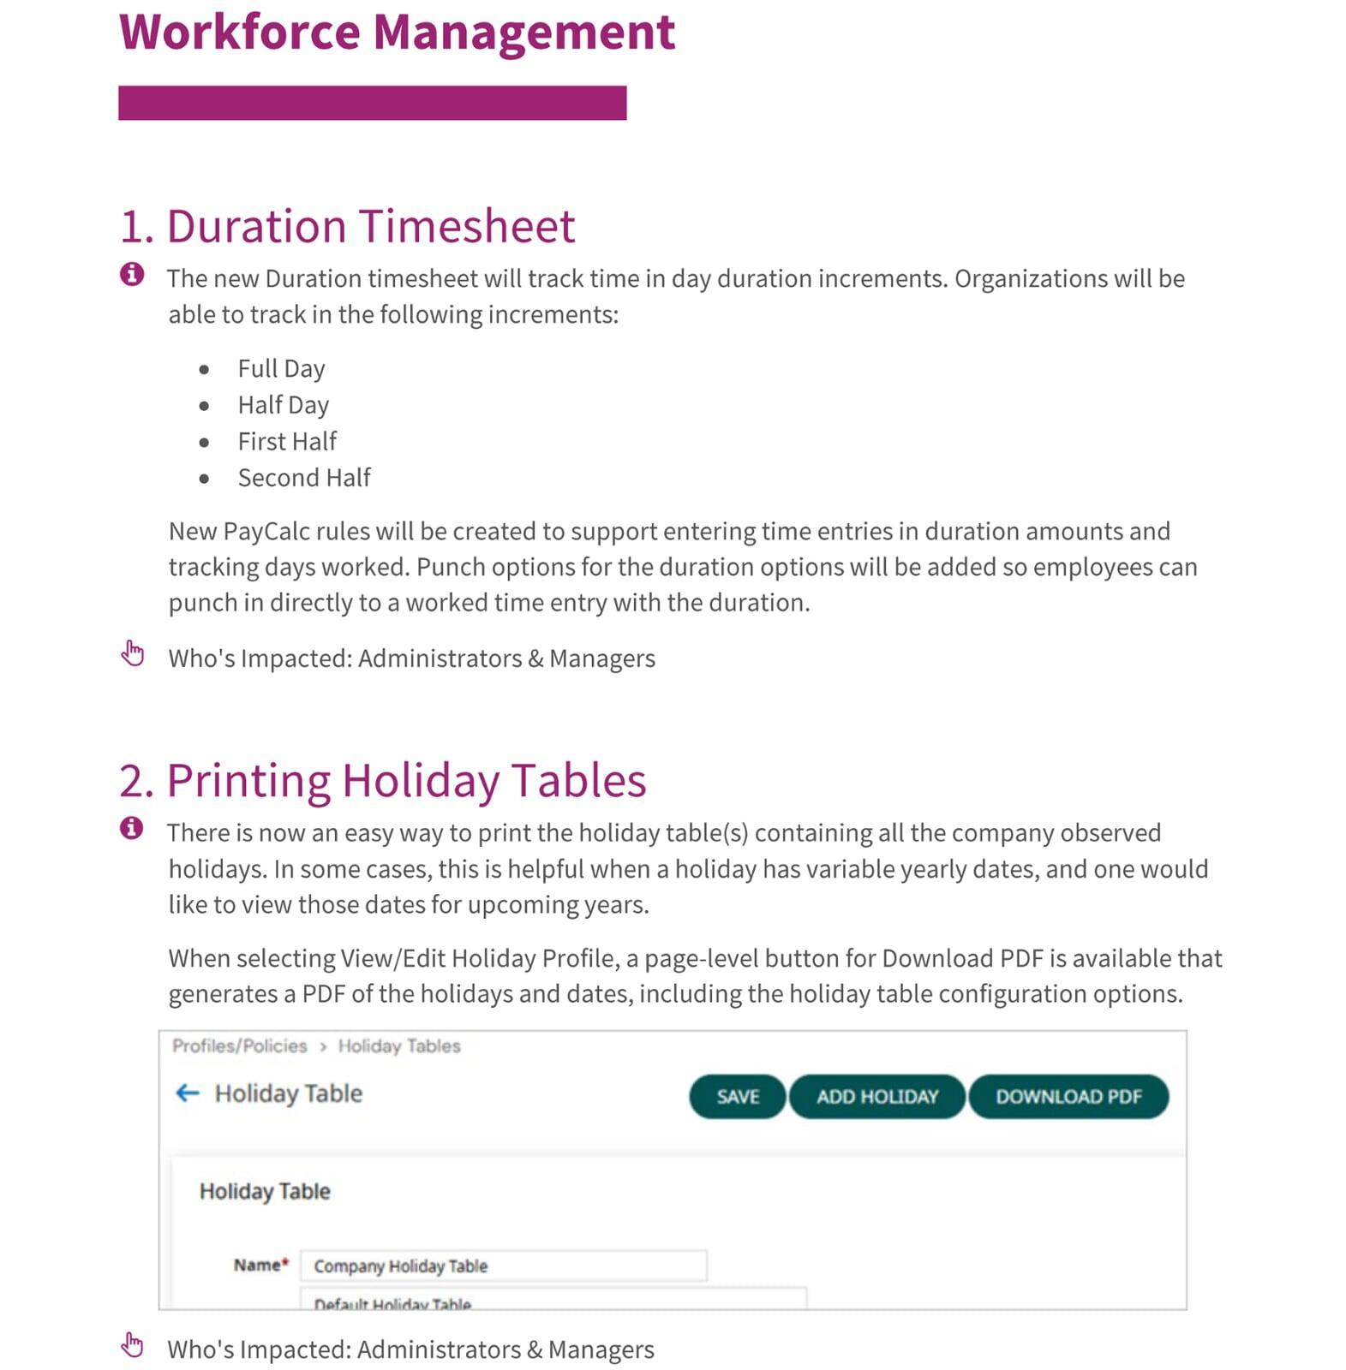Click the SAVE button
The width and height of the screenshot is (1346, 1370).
point(737,1096)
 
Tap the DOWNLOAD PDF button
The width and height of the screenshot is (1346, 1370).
point(1068,1096)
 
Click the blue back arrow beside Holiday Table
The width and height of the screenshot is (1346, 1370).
point(187,1093)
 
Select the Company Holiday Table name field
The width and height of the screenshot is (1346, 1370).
point(503,1266)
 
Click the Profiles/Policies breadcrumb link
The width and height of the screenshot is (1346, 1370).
point(239,1045)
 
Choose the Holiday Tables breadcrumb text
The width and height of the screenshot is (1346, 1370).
point(398,1045)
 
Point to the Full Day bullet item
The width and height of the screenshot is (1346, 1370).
point(281,368)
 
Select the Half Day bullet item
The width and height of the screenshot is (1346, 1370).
point(283,404)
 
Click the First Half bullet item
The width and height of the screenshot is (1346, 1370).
point(287,441)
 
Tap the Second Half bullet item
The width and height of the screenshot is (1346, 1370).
point(304,477)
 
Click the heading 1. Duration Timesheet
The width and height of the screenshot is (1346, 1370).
point(347,226)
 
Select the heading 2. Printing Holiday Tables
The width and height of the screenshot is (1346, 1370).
point(382,780)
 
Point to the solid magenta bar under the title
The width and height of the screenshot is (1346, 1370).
point(372,103)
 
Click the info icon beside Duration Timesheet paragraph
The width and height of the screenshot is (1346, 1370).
point(132,274)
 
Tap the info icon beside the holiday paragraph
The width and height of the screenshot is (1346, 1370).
point(132,828)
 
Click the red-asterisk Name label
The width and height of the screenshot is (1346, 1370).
point(260,1265)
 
